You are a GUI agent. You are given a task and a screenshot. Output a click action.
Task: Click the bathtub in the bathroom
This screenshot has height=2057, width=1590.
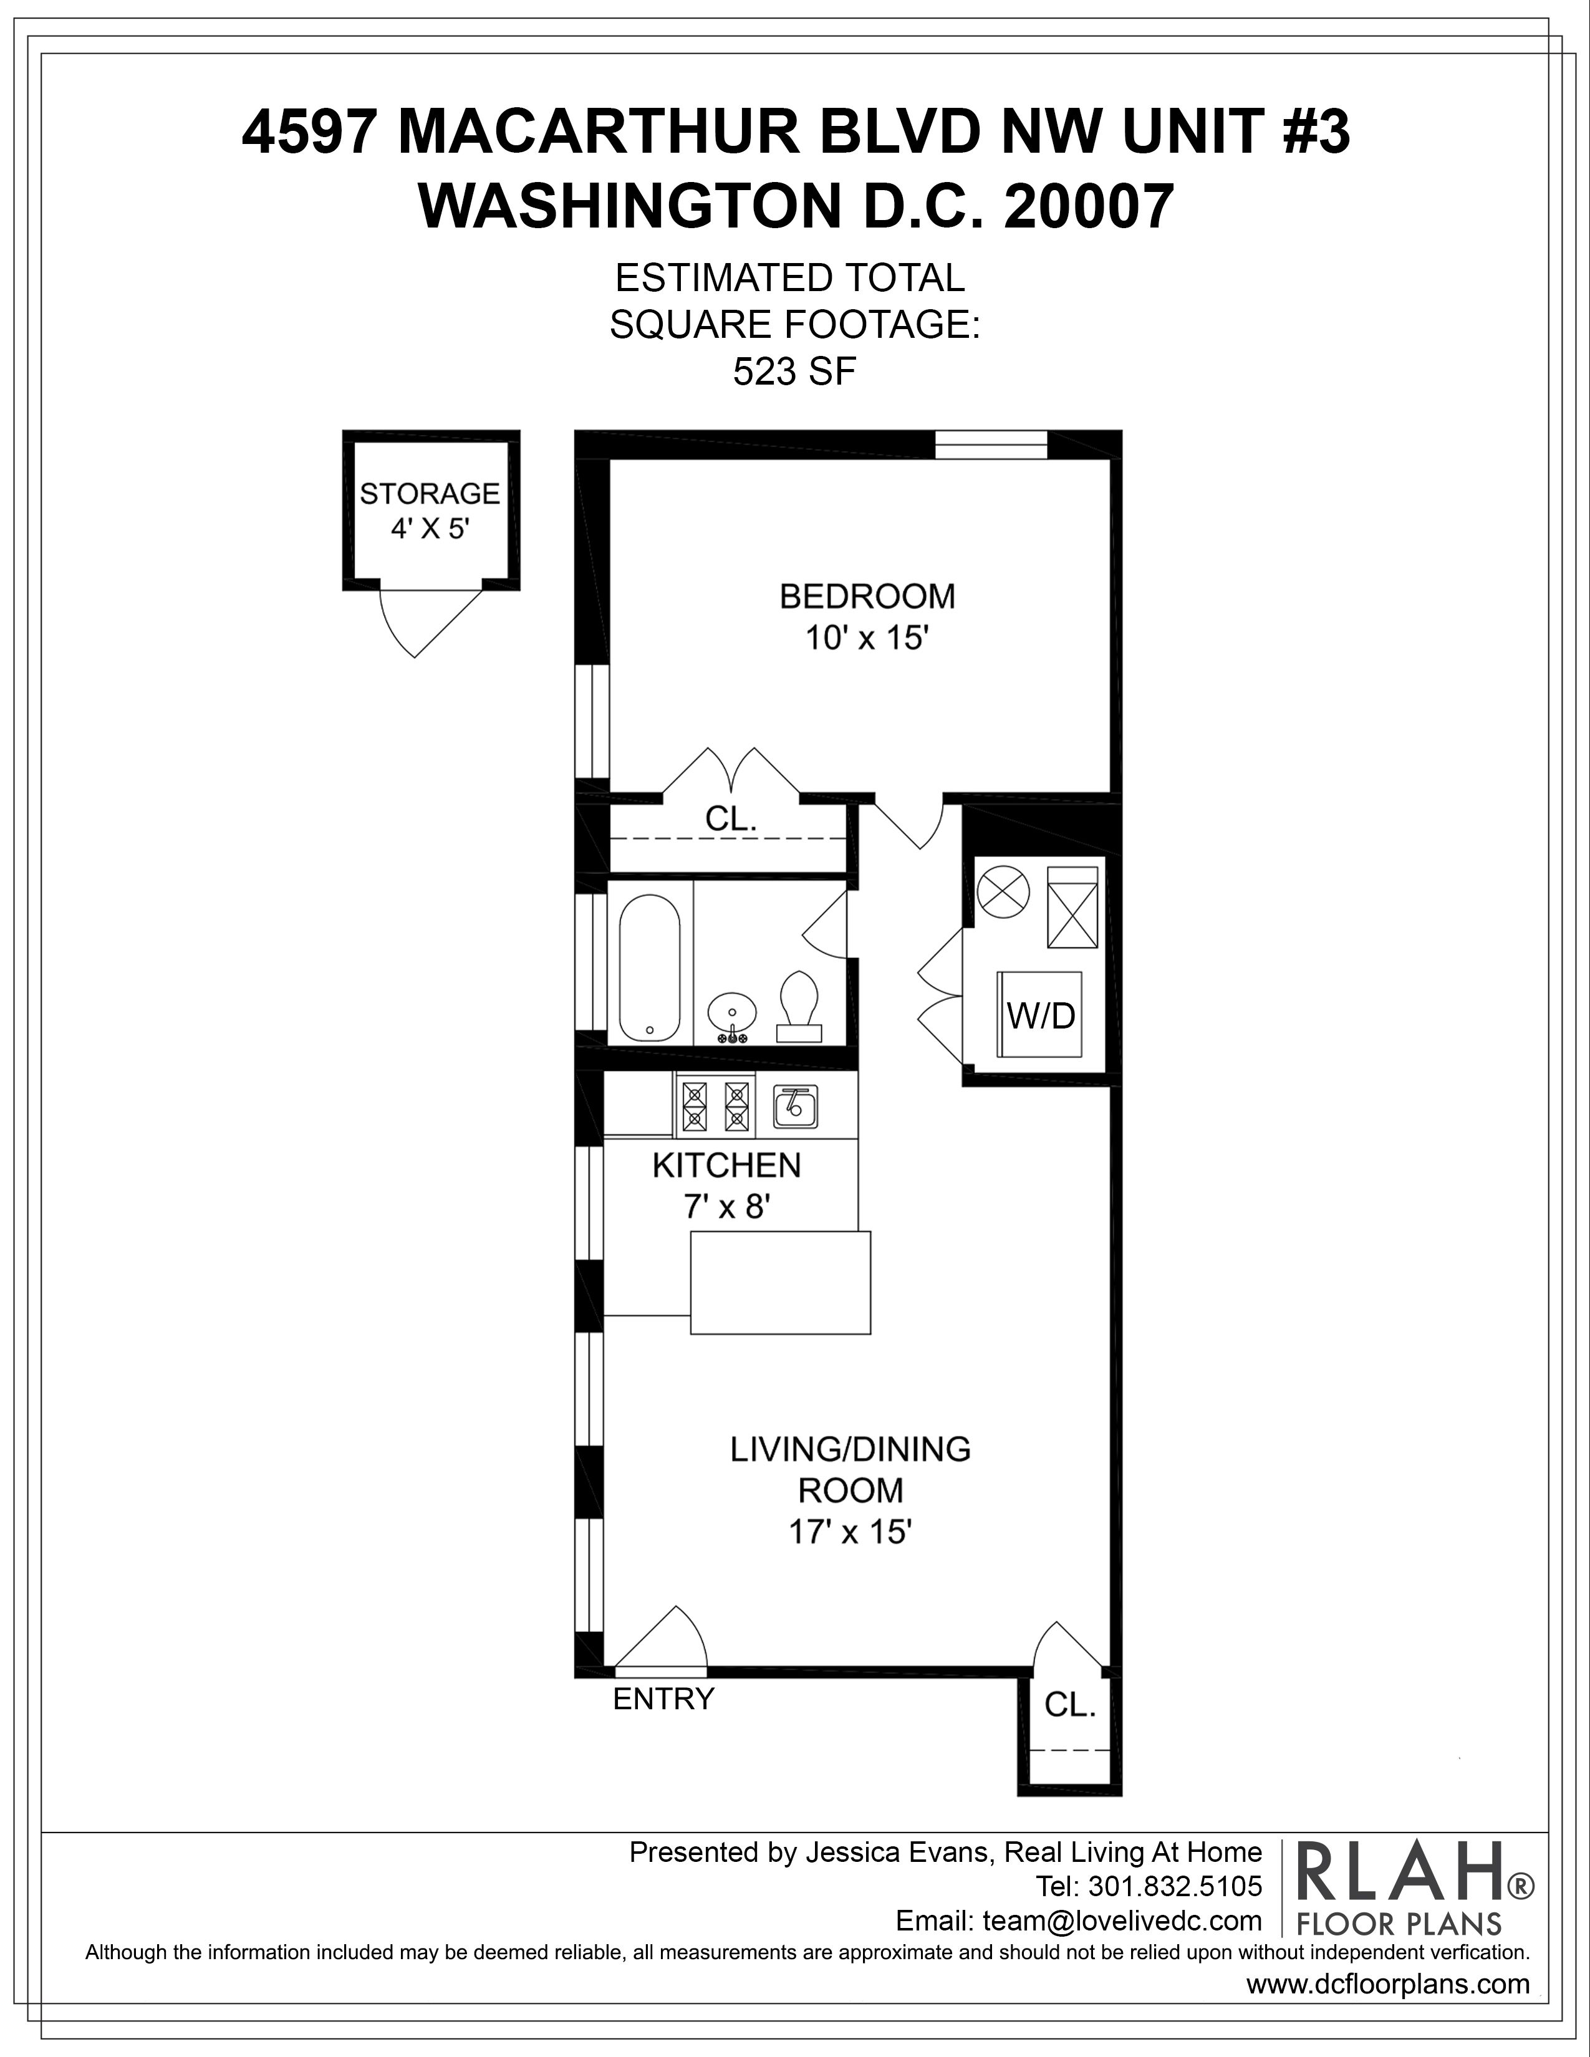(x=650, y=966)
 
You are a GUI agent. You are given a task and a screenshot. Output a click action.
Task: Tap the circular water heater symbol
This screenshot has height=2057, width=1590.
(x=1001, y=890)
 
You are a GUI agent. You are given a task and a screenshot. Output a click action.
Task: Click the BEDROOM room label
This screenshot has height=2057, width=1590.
(x=867, y=596)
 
